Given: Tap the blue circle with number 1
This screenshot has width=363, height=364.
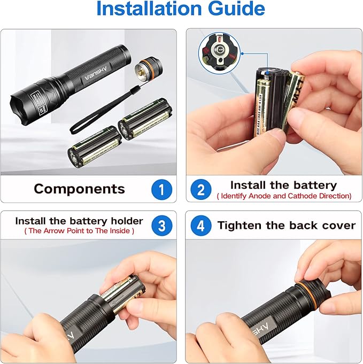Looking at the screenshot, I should pyautogui.click(x=161, y=189).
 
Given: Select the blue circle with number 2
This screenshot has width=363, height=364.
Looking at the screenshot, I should pyautogui.click(x=201, y=189).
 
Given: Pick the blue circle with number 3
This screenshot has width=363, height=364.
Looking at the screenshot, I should pyautogui.click(x=161, y=225).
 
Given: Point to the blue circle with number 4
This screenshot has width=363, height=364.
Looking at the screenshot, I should pyautogui.click(x=201, y=225).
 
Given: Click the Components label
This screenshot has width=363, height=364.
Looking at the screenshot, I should pyautogui.click(x=79, y=189).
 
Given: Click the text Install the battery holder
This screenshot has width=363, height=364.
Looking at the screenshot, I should pyautogui.click(x=79, y=221).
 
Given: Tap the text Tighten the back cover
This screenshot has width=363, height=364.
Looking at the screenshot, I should pyautogui.click(x=286, y=225).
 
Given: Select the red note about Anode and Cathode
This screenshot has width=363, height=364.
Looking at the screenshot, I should pyautogui.click(x=284, y=196).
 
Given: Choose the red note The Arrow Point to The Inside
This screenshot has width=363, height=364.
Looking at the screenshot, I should pyautogui.click(x=79, y=231).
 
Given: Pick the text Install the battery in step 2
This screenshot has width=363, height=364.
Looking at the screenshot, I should pyautogui.click(x=283, y=185).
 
